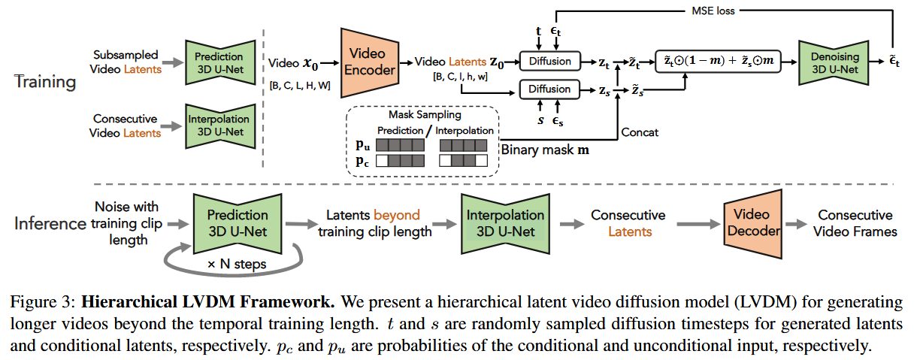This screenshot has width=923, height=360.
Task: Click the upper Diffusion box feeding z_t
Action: (x=549, y=62)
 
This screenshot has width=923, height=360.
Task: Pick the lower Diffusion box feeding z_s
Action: (x=549, y=89)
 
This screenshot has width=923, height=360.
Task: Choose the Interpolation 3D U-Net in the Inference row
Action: (x=501, y=223)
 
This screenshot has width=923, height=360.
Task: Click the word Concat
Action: (x=640, y=132)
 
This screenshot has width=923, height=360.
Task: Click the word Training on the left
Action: (x=44, y=81)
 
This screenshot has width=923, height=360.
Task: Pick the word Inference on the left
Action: (x=50, y=223)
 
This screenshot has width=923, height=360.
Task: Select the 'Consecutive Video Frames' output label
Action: (x=855, y=223)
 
